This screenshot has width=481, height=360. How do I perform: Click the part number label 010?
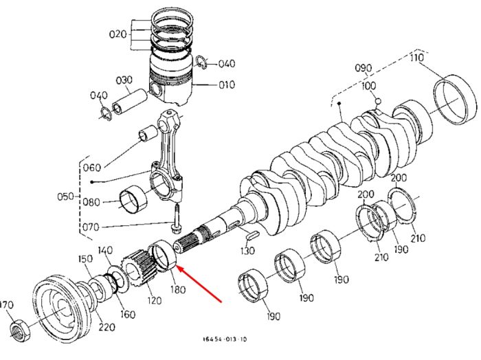227,85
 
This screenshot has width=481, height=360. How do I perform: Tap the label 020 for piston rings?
118,34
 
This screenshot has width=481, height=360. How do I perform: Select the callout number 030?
124,80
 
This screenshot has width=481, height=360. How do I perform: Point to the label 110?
417,57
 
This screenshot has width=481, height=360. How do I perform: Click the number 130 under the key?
247,251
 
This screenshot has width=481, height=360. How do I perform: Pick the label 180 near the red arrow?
178,289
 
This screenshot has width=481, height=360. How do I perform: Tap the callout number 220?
107,327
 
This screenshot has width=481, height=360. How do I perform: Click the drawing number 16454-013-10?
225,339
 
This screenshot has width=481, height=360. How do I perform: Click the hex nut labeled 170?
20,330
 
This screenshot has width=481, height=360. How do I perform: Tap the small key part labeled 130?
253,236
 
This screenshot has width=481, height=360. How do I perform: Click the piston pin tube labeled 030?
129,102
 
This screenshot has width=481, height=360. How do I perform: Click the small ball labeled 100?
378,100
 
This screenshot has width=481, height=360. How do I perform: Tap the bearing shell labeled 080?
133,201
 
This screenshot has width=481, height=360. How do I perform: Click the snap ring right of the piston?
201,63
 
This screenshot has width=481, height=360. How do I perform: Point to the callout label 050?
65,196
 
